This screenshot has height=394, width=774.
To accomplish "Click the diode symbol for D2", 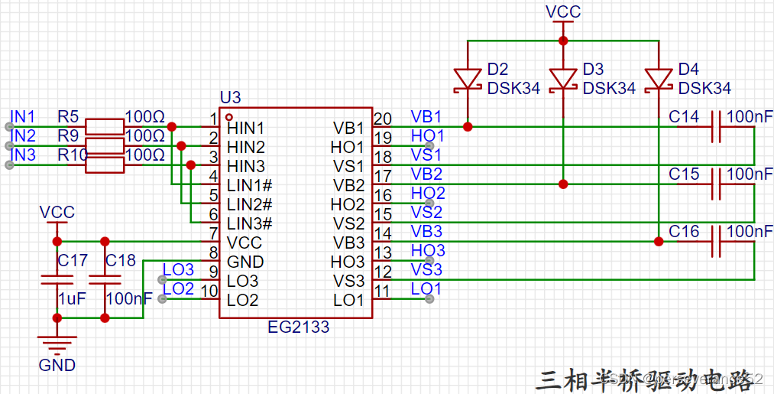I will click(468, 79).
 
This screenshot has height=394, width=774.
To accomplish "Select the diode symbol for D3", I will click(563, 79).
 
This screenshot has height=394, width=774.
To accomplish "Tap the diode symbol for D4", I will click(659, 79).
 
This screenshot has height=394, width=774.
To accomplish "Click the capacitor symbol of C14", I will click(716, 127).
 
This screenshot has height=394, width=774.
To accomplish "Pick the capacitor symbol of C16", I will click(716, 242).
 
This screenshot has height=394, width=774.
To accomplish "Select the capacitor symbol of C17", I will click(56, 280).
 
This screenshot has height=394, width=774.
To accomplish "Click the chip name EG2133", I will click(299, 327).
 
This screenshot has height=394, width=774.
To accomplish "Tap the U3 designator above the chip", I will click(230, 98).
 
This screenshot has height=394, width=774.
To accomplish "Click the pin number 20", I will click(383, 119).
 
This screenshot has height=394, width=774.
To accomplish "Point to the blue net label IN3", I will click(22, 155).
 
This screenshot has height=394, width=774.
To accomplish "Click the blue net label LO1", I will click(426, 289).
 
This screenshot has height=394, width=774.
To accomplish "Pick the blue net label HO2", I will click(427, 194).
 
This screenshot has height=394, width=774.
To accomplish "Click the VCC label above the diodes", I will click(563, 11).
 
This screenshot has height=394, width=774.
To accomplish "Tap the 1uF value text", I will click(73, 299).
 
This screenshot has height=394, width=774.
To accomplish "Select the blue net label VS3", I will click(426, 270).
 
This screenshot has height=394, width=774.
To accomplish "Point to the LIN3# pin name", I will click(250, 223).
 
